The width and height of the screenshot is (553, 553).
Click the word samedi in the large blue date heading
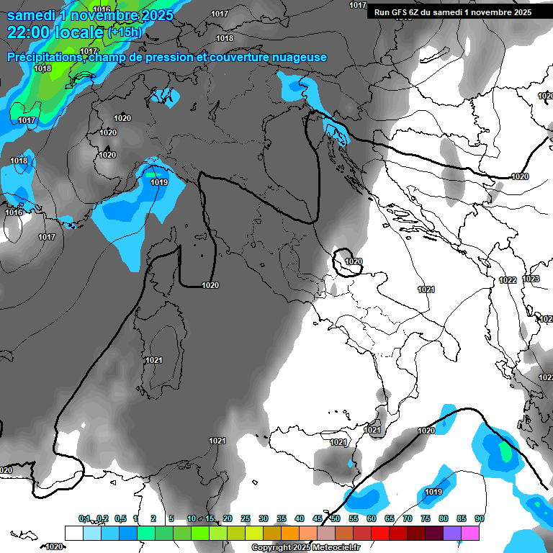[32, 14]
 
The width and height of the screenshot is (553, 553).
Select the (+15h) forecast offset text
[125, 32]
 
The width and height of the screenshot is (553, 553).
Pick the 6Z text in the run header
[414, 12]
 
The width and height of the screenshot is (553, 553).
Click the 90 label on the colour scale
[479, 519]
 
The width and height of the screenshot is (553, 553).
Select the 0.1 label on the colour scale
[84, 519]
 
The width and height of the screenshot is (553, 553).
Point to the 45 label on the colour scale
[318, 519]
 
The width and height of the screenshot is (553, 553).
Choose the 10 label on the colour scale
[192, 519]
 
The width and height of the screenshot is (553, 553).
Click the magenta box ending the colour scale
[470, 533]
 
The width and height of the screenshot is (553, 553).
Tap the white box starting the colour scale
[73, 533]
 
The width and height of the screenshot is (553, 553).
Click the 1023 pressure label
[531, 279]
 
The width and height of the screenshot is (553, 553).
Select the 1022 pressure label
[508, 280]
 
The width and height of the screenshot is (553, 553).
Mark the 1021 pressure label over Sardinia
[154, 360]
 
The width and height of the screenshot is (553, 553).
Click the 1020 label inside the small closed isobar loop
[354, 262]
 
